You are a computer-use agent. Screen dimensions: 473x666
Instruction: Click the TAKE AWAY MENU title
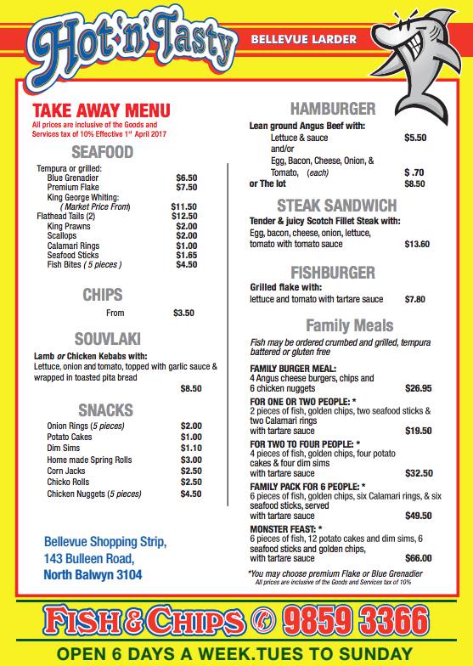pyautogui.click(x=101, y=110)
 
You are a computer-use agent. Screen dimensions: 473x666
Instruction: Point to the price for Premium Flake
pyautogui.click(x=186, y=187)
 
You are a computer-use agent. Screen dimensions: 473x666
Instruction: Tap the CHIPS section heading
pyautogui.click(x=102, y=295)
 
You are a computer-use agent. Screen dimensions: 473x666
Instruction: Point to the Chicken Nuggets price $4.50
pyautogui.click(x=191, y=493)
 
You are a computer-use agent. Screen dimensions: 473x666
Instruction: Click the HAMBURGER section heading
pyautogui.click(x=333, y=108)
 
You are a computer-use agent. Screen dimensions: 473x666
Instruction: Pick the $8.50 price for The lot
pyautogui.click(x=414, y=183)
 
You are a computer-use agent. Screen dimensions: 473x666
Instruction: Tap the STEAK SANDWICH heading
pyautogui.click(x=336, y=205)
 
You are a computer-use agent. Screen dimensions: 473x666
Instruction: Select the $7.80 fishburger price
pyautogui.click(x=414, y=299)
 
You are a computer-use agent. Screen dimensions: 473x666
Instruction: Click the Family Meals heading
pyautogui.click(x=349, y=325)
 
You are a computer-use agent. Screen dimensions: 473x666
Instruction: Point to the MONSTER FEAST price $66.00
pyautogui.click(x=418, y=558)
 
